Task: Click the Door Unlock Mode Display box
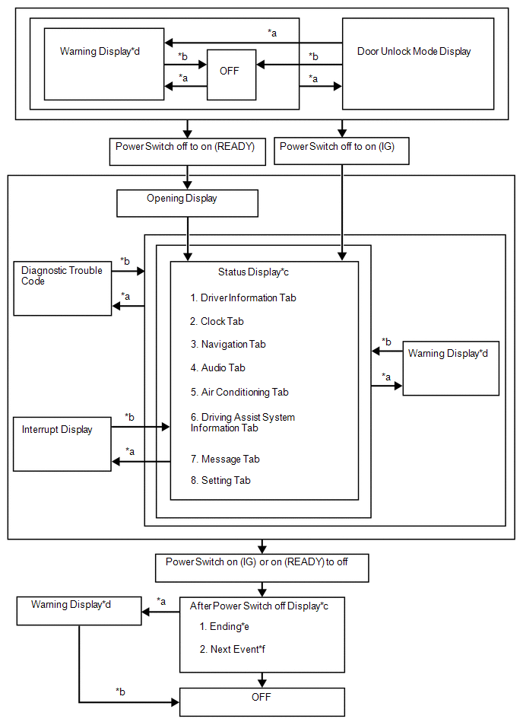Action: coord(418,64)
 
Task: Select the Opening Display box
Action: coord(187,203)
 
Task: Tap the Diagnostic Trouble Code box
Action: coord(62,288)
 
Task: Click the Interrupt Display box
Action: coord(62,444)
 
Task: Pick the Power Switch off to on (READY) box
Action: coord(188,151)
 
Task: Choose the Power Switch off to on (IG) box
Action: coord(341,151)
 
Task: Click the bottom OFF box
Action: coord(262,701)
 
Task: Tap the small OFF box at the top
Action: coord(231,75)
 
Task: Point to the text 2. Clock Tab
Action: coord(217,321)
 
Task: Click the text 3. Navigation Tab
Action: coord(228,345)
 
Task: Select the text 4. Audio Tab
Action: coord(218,367)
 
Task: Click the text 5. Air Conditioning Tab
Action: coord(239,392)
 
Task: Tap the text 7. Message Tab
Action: coord(225,459)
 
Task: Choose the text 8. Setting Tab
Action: coord(220,480)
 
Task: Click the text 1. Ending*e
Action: coord(224,626)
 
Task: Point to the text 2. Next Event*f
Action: coord(233,649)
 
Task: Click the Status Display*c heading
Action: coord(253,272)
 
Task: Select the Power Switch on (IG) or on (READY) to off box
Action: coord(262,568)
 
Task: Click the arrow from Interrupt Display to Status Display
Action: coord(141,427)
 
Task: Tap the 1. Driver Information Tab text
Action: coord(243,298)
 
